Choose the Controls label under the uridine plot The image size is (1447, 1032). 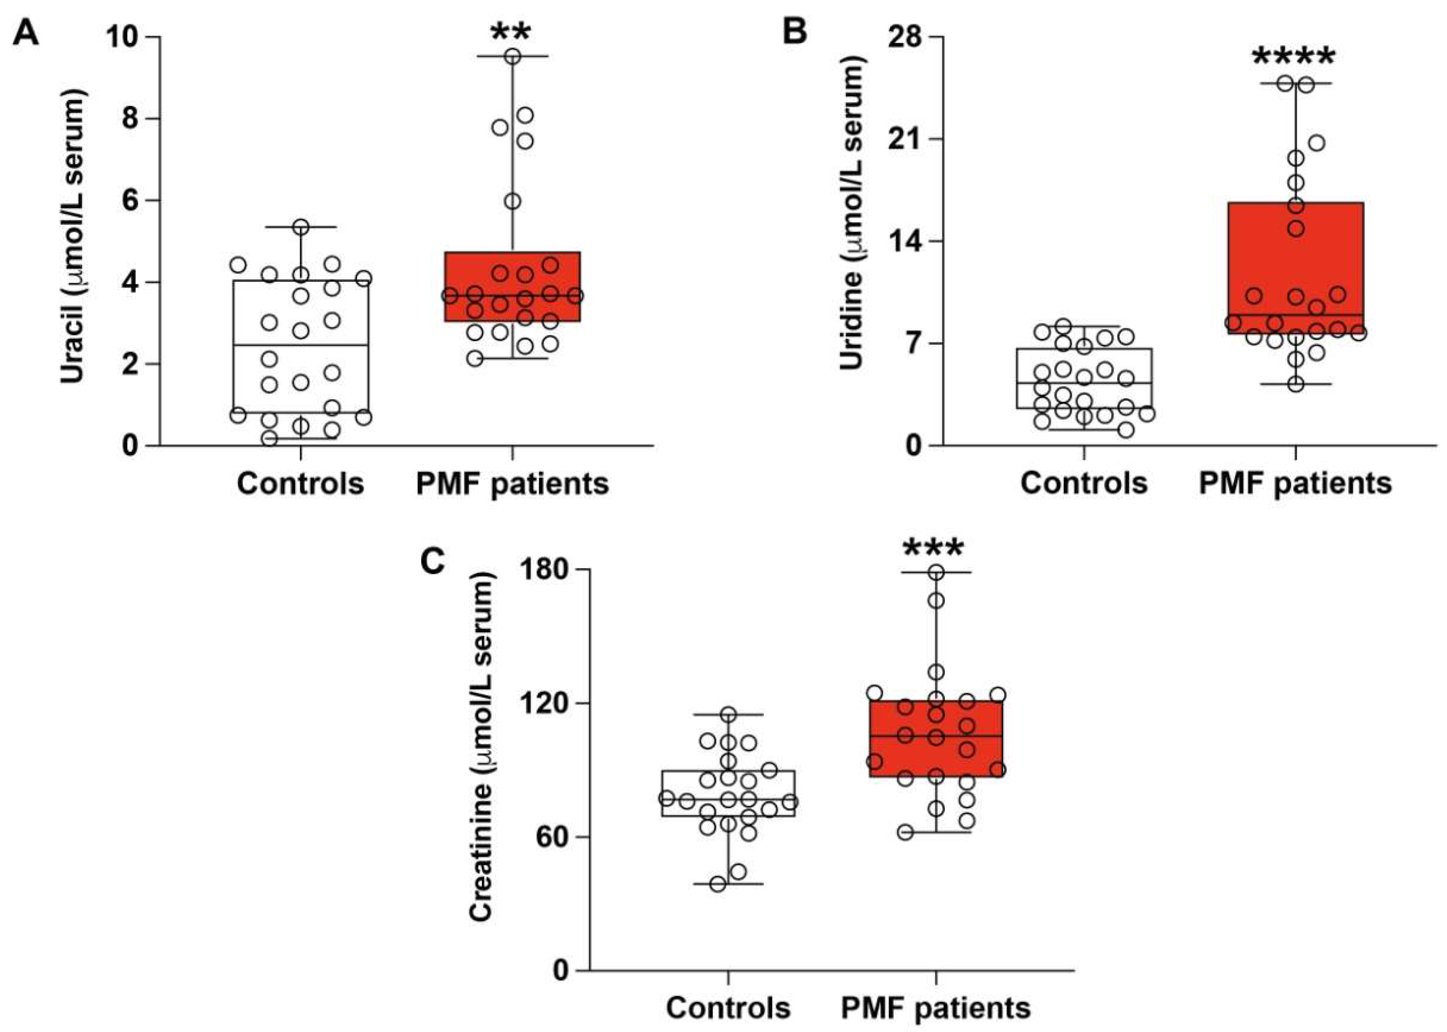point(1084,483)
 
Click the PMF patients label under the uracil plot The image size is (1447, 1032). point(512,483)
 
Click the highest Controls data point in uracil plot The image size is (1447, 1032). point(301,227)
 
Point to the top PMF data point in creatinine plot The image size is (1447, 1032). point(935,573)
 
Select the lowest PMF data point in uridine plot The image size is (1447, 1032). point(1296,384)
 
